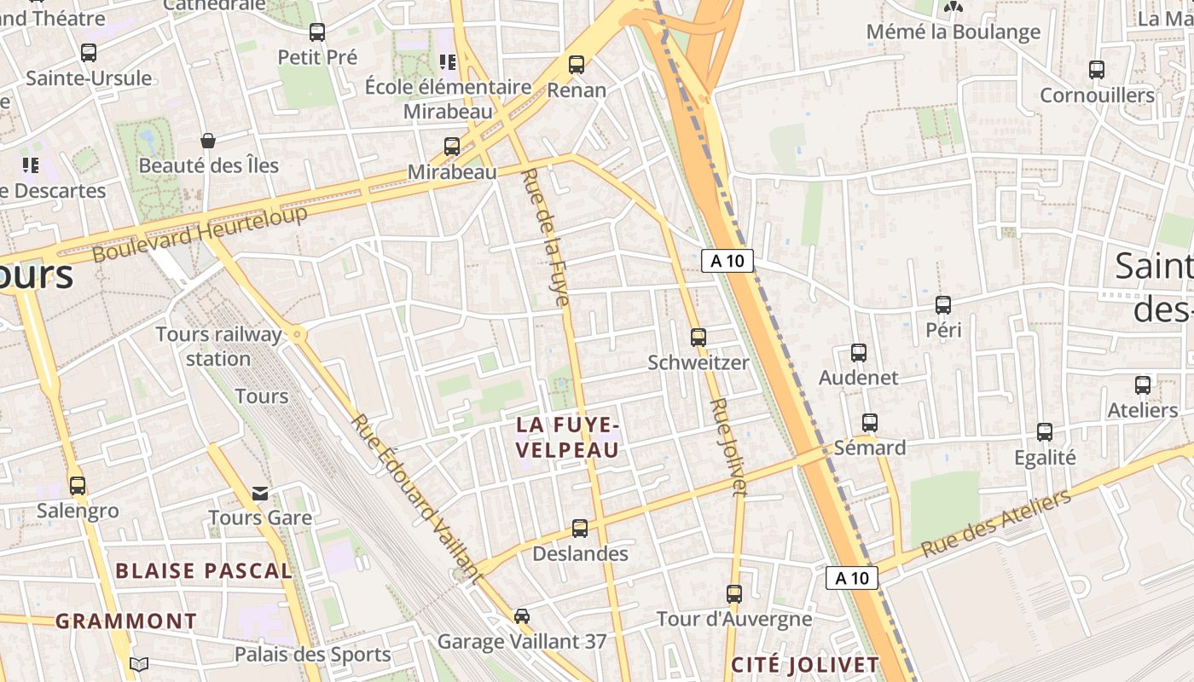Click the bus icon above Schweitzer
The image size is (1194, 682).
(x=698, y=337)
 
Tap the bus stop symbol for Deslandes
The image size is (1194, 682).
(x=580, y=529)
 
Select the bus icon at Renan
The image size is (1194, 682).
(x=577, y=64)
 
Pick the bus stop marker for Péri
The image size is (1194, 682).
(x=943, y=304)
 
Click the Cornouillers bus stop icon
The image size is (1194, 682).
(x=1097, y=70)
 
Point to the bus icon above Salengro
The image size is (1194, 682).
(x=78, y=486)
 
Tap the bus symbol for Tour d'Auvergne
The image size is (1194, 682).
(x=734, y=593)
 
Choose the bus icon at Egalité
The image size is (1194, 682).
(x=1045, y=432)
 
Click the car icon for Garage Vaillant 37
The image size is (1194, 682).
(x=522, y=616)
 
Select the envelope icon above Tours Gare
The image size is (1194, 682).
(x=260, y=493)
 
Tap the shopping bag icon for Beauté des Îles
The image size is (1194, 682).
(x=208, y=140)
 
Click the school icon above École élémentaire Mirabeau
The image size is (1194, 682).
(x=448, y=61)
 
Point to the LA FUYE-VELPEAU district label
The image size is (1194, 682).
(x=567, y=436)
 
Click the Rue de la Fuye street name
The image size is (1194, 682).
(x=545, y=237)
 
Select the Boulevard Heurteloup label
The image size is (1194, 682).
(x=200, y=234)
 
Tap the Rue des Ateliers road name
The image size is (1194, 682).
(x=996, y=523)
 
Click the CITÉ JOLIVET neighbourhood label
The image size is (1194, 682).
(x=805, y=665)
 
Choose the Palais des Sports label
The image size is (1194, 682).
(x=312, y=655)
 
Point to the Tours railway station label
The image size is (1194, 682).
(x=218, y=346)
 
